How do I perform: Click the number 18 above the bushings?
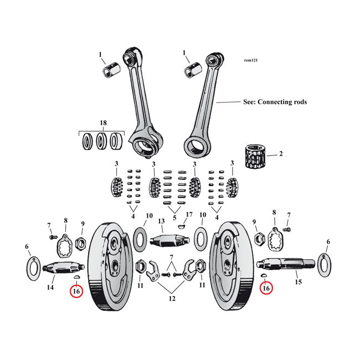point(102,122)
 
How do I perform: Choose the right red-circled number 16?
point(266,288)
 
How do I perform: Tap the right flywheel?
point(235,265)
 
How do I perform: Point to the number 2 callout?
point(280,154)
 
